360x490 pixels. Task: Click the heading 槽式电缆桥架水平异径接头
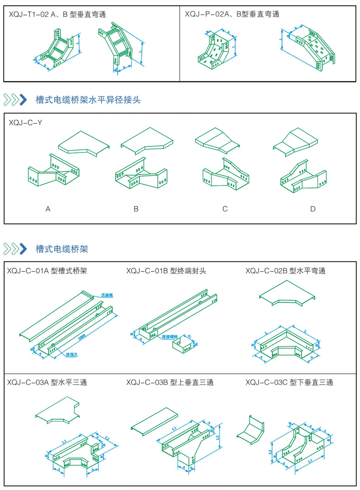(88, 100)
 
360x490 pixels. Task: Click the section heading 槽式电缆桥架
(62, 249)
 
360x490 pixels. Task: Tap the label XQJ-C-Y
(25, 123)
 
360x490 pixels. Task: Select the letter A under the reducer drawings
(48, 209)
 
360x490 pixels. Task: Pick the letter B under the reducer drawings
(136, 209)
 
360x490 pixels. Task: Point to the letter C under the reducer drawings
(225, 209)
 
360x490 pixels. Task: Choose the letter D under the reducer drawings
(313, 209)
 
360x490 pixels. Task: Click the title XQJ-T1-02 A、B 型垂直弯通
(57, 15)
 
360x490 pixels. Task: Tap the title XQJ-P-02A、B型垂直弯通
(232, 15)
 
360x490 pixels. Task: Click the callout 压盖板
(107, 295)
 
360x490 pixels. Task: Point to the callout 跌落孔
(72, 355)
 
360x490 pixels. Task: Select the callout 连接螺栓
(170, 337)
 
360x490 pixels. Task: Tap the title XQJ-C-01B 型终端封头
(166, 271)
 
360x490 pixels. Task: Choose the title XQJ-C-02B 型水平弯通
(285, 271)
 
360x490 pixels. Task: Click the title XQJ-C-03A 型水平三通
(47, 382)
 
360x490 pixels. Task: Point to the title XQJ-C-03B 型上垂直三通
(170, 382)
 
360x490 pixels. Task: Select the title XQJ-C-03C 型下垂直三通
(289, 382)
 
